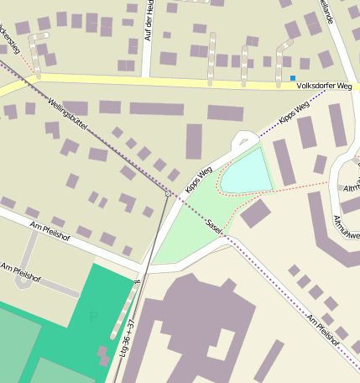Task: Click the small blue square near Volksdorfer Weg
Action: coord(292,78)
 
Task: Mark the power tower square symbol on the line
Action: coord(168,193)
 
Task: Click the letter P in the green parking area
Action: coord(93,317)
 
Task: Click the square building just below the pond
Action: coord(255,213)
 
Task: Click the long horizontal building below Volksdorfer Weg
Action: coord(156,108)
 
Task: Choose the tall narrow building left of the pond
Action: coord(194,140)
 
